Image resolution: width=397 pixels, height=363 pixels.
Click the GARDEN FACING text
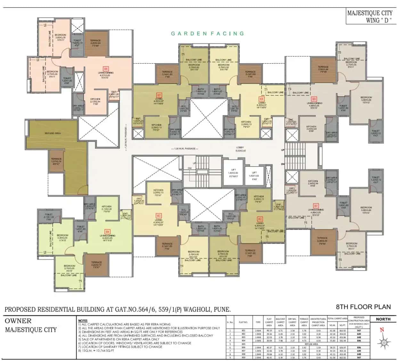point(207,34)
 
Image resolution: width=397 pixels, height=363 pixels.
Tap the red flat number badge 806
point(106,68)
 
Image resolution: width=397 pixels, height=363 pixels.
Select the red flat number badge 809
point(314,99)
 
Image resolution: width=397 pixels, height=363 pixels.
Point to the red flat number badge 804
point(107,231)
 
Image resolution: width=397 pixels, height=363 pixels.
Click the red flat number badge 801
point(316,206)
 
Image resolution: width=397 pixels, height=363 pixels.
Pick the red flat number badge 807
point(159,95)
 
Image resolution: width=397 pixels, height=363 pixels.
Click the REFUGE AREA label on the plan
point(53,133)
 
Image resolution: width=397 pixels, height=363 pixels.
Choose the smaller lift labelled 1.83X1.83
point(254,174)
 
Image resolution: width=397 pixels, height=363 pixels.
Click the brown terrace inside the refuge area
point(56,161)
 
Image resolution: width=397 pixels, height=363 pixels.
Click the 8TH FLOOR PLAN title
point(363,307)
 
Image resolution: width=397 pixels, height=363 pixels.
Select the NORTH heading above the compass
point(383,319)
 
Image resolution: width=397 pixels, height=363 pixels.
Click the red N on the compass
point(382,330)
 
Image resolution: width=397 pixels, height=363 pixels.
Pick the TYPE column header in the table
point(258,322)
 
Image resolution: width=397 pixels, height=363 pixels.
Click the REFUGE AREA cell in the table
point(311,344)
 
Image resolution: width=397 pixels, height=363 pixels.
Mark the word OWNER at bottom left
point(18,321)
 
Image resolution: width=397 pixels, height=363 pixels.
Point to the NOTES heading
point(83,320)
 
